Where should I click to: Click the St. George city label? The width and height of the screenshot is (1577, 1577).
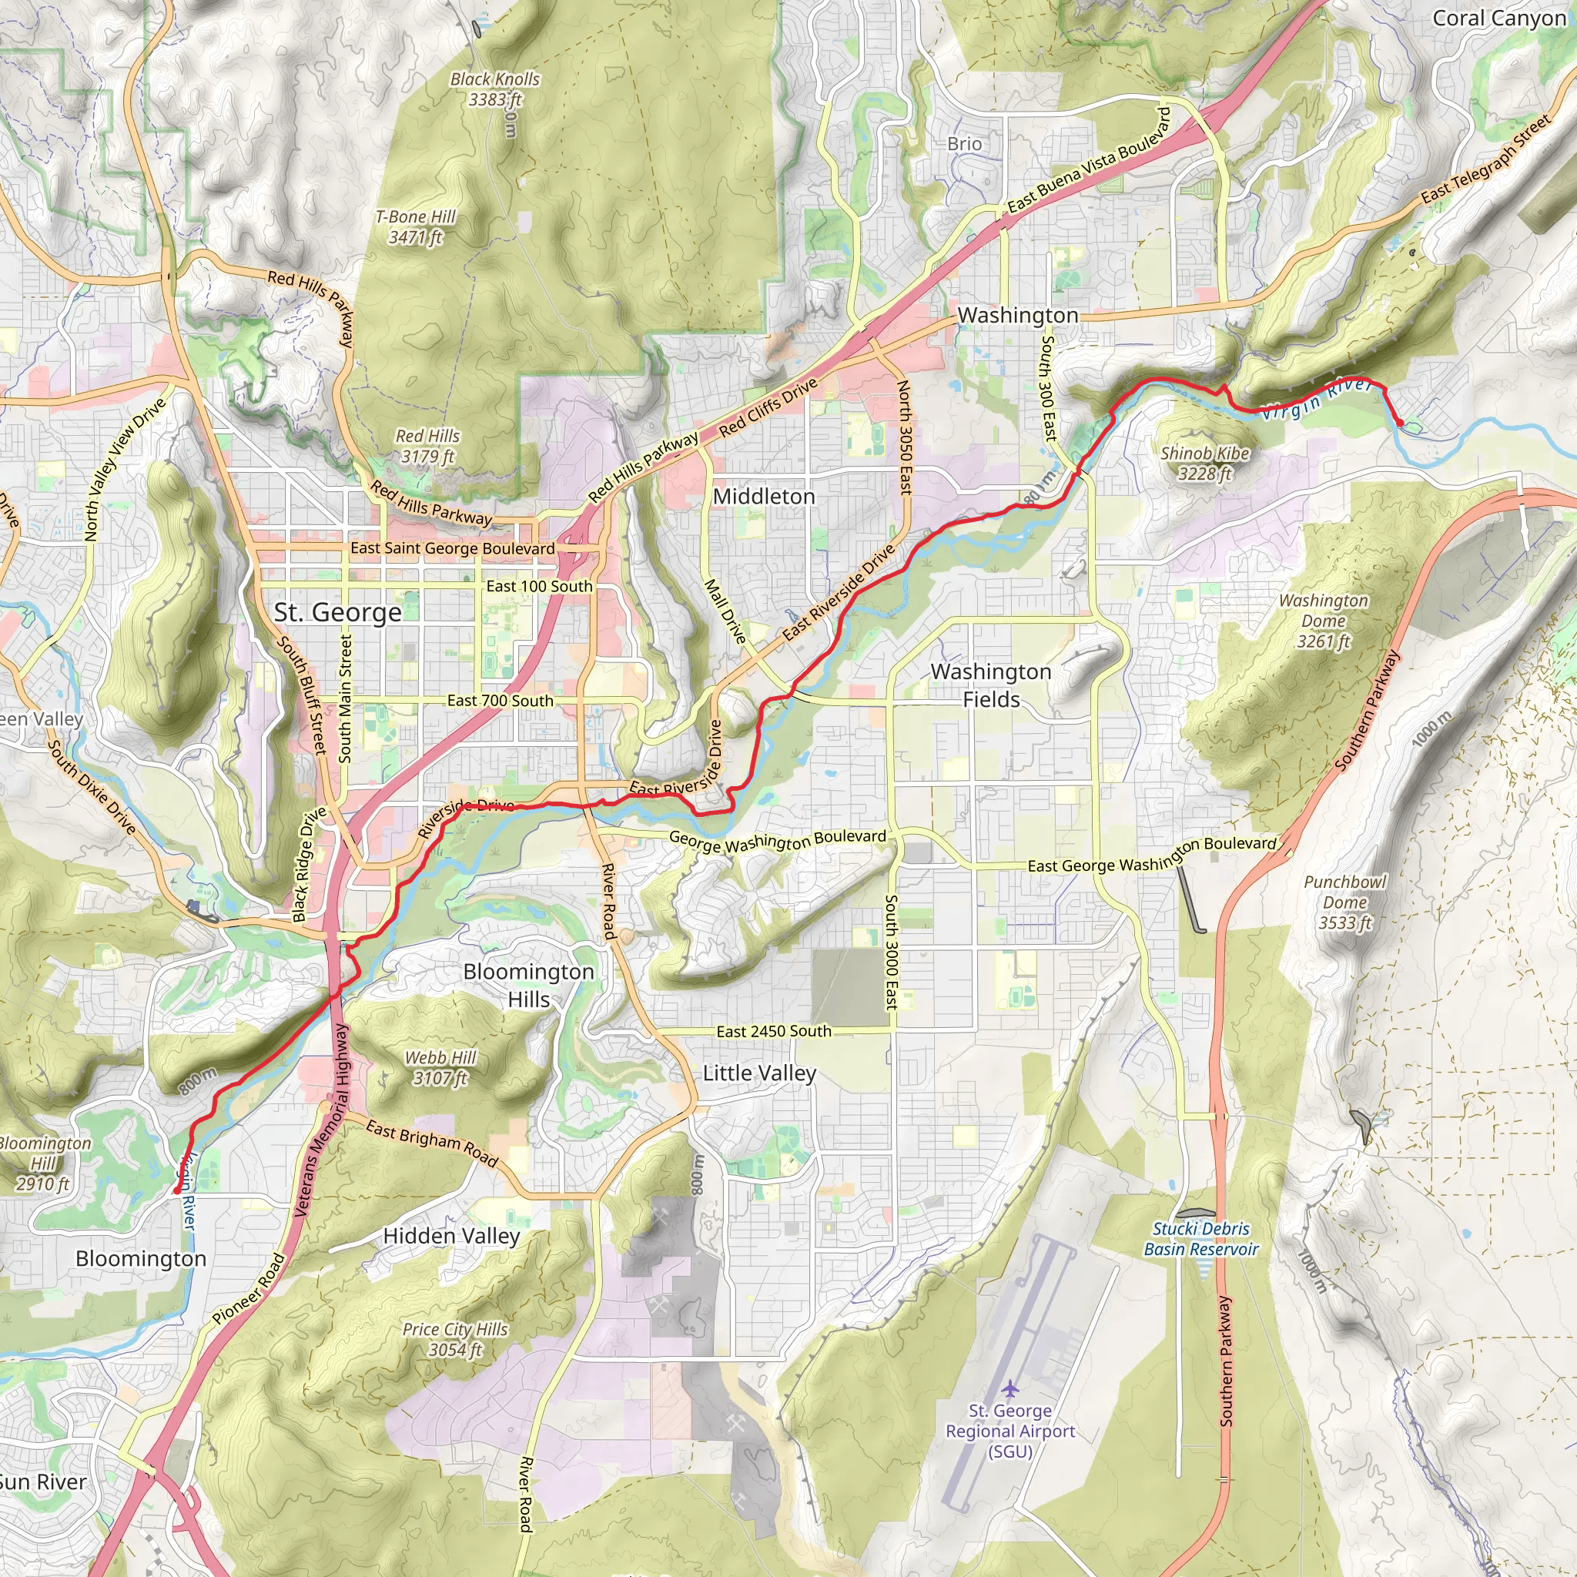(x=337, y=612)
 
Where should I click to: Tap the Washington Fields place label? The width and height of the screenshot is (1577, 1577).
(x=990, y=685)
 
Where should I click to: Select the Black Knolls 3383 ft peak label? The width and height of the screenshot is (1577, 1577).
(x=494, y=89)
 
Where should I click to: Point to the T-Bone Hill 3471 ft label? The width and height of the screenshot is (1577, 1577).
(x=416, y=227)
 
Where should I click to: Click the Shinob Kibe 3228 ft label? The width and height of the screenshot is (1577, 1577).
(x=1205, y=463)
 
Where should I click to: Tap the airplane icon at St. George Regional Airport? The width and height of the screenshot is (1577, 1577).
(x=1009, y=1388)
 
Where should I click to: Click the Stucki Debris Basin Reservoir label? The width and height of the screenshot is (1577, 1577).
(x=1200, y=1239)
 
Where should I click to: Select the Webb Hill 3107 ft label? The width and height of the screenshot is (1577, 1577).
(x=440, y=1068)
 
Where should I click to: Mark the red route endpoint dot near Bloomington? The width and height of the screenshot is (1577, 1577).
(x=176, y=1191)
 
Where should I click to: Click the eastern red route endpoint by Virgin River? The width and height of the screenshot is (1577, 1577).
(x=1401, y=423)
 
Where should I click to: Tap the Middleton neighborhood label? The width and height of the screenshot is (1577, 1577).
(x=763, y=497)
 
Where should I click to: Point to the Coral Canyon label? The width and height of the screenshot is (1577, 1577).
(x=1498, y=18)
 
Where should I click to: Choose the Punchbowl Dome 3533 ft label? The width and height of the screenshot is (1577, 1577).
(x=1344, y=902)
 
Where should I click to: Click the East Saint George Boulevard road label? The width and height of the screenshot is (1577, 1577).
(x=452, y=548)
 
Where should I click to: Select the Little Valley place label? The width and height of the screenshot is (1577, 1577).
(x=759, y=1073)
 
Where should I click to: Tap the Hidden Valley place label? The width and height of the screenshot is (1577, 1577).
(x=451, y=1236)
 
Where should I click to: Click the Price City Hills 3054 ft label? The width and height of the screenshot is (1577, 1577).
(x=454, y=1340)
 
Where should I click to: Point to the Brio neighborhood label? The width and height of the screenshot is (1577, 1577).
(x=964, y=144)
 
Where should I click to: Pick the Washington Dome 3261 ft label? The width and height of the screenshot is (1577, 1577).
(x=1323, y=621)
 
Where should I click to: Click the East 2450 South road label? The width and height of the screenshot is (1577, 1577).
(x=773, y=1032)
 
